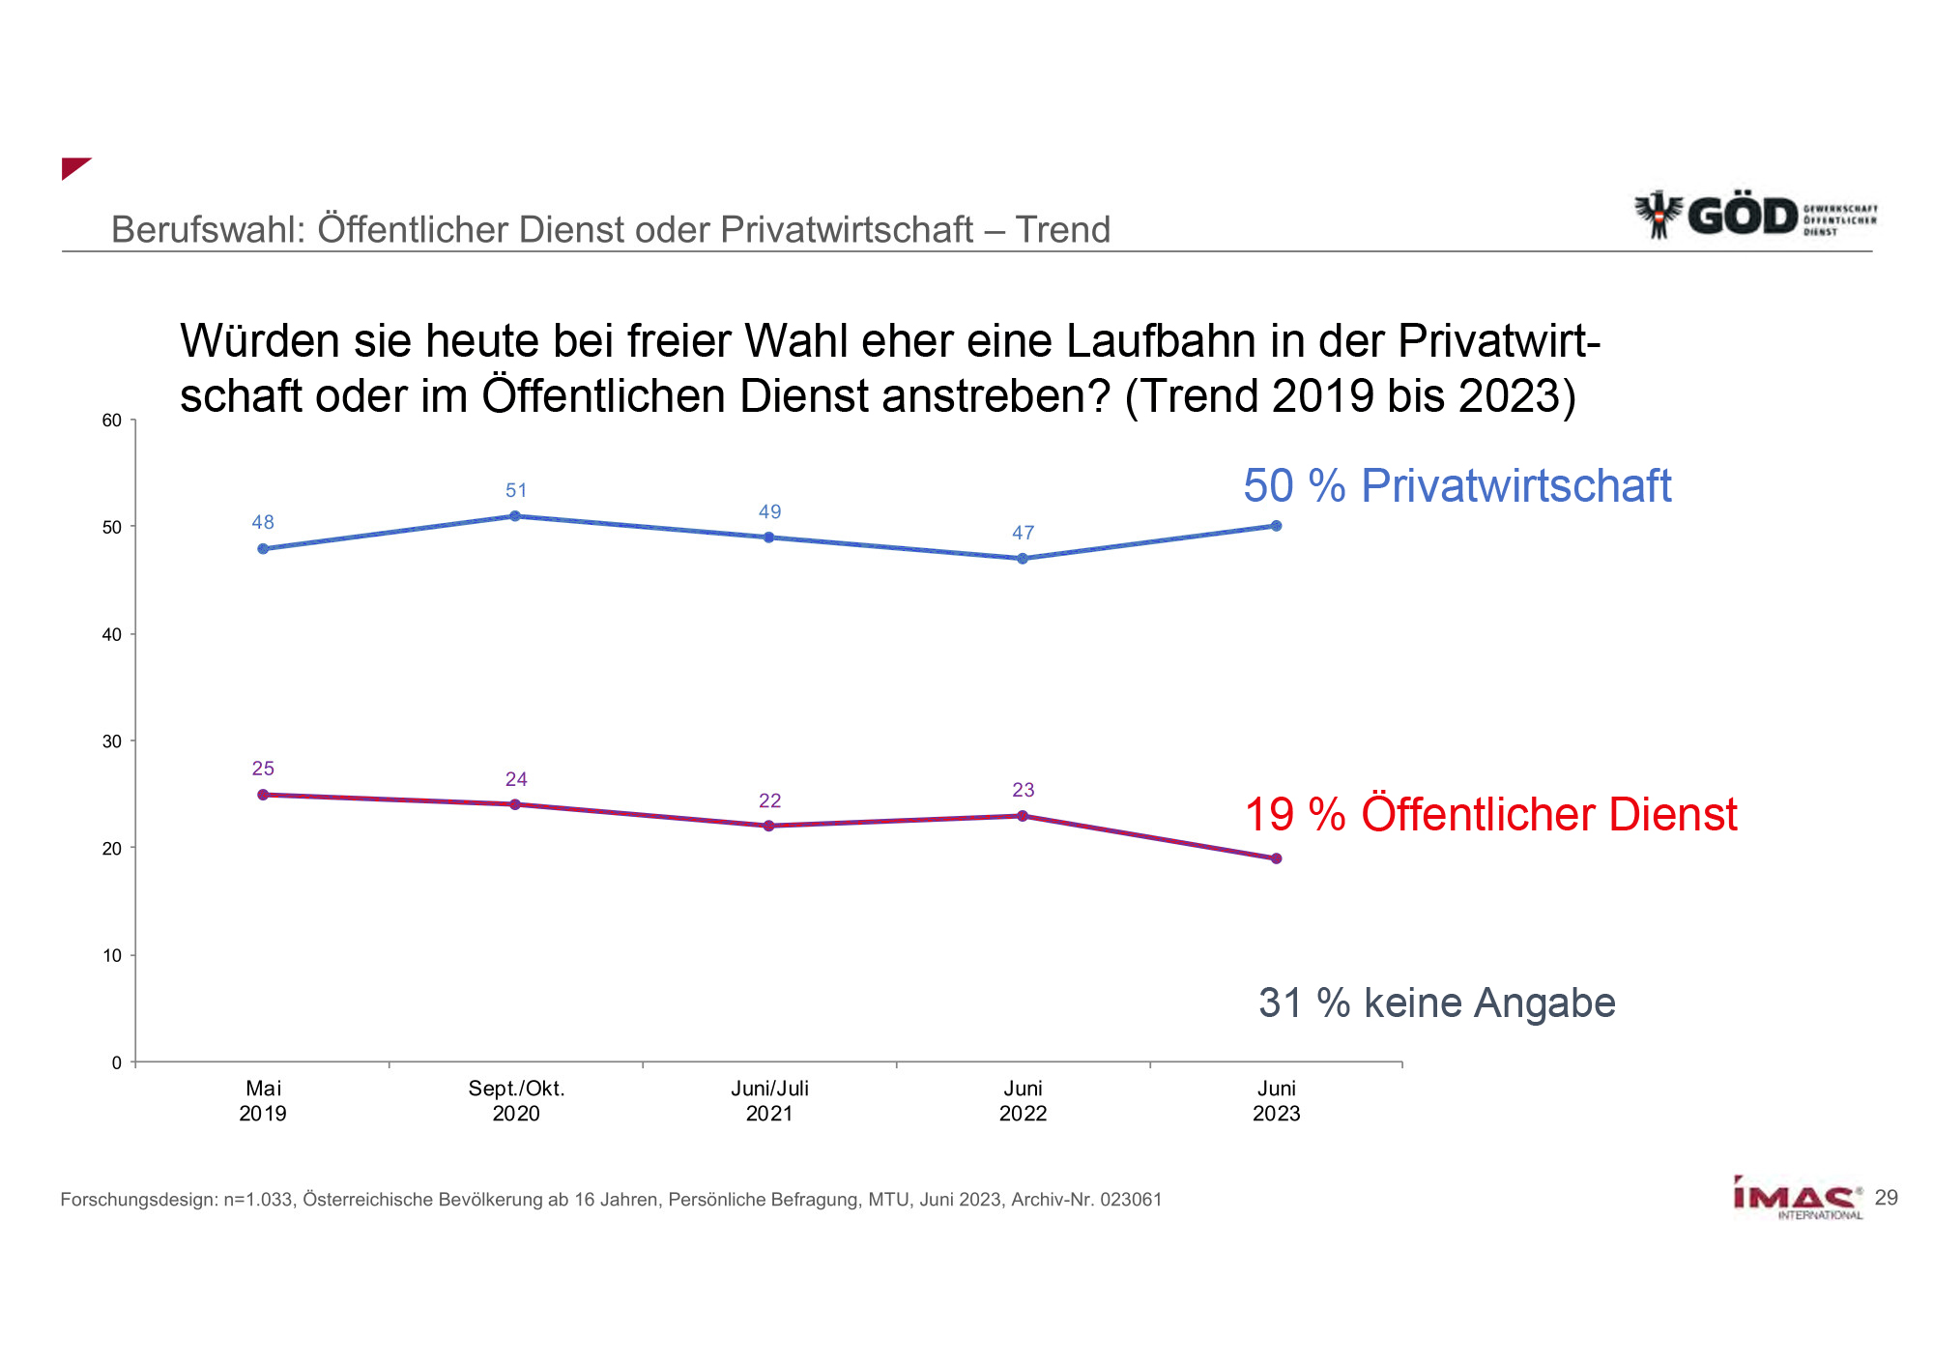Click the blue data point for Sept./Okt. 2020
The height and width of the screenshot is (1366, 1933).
515,516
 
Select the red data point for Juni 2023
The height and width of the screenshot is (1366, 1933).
1276,858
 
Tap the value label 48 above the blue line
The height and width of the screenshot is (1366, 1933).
263,522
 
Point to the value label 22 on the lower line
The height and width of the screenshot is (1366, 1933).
769,800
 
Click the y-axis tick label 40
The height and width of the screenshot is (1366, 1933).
112,634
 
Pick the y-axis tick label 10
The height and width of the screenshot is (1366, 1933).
112,955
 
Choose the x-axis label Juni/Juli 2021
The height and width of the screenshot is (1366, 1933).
769,1101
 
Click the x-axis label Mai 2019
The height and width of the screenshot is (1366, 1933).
263,1101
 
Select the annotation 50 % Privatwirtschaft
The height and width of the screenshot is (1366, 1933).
1457,485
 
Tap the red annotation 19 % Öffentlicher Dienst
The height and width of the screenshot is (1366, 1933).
1490,814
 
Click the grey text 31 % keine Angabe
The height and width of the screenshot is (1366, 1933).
1436,1003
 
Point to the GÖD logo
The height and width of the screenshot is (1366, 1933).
1754,215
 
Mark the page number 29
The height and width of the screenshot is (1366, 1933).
1886,1198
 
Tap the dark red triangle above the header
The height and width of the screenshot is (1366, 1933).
72,166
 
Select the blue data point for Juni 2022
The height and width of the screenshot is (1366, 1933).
1023,559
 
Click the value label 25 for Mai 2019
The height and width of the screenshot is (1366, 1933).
263,769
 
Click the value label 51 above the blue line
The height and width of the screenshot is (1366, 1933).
516,490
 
